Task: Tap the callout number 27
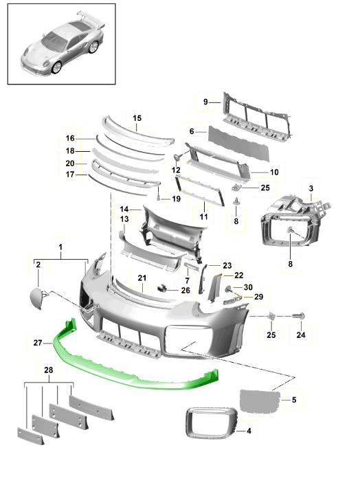(x=38, y=343)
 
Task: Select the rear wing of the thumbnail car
(x=91, y=19)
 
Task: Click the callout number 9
(x=205, y=102)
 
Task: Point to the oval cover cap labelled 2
(x=36, y=297)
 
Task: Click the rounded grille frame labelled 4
(x=212, y=422)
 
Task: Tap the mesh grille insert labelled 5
(x=260, y=401)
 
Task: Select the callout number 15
(x=137, y=118)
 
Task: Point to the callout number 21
(x=142, y=278)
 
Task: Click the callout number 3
(x=311, y=188)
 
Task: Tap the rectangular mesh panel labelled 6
(x=239, y=144)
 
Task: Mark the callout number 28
(x=49, y=370)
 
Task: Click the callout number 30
(x=248, y=287)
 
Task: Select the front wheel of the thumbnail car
(x=56, y=67)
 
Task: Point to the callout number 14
(x=124, y=210)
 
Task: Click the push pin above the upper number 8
(x=236, y=201)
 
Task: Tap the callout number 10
(x=274, y=172)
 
